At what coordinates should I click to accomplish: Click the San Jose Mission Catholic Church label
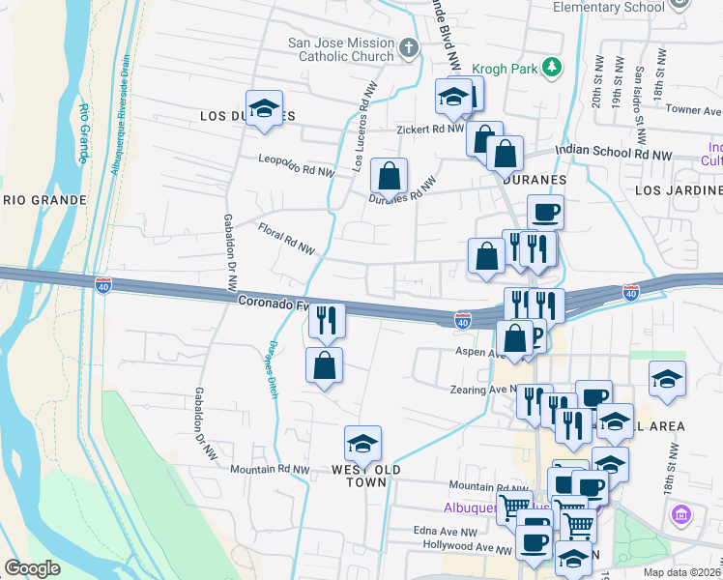(x=341, y=50)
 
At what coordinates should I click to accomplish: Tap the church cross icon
(x=409, y=46)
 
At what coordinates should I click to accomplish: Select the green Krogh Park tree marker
(x=551, y=68)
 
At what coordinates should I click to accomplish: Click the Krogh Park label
(x=506, y=69)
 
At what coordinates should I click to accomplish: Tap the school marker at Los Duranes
(x=263, y=109)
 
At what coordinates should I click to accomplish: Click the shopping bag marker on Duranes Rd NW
(x=388, y=177)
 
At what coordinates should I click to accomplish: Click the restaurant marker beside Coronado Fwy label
(x=327, y=320)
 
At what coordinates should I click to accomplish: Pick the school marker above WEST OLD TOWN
(x=362, y=445)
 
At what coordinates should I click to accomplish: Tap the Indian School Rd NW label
(x=613, y=154)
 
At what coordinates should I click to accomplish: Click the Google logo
(x=32, y=568)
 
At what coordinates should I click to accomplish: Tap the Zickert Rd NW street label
(x=430, y=129)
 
